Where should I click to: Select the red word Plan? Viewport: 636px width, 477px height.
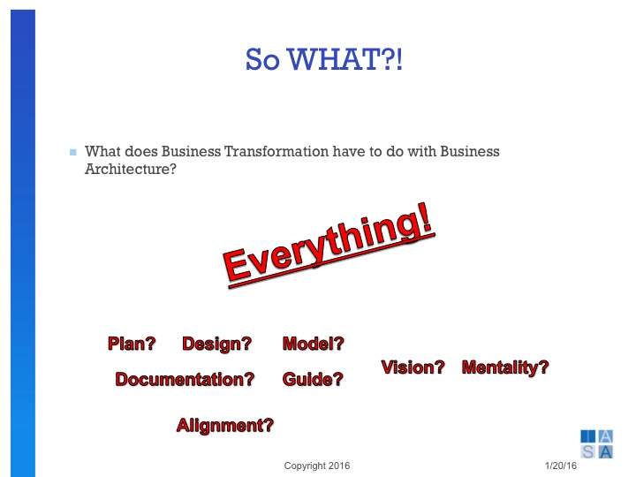click(x=132, y=344)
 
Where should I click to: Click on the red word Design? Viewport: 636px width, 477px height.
click(x=216, y=344)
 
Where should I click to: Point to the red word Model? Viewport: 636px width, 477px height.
click(x=313, y=344)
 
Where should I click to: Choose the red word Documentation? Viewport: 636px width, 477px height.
click(x=185, y=380)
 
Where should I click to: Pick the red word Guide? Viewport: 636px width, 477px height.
click(x=313, y=380)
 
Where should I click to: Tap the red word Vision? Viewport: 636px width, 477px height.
click(x=413, y=367)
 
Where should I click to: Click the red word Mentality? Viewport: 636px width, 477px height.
click(x=505, y=367)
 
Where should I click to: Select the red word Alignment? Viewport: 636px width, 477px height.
click(x=225, y=426)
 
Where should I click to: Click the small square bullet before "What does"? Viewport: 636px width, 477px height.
click(x=73, y=153)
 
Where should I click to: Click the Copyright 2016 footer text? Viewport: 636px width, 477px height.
click(x=317, y=466)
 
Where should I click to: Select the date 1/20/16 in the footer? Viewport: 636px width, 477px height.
click(x=559, y=466)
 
